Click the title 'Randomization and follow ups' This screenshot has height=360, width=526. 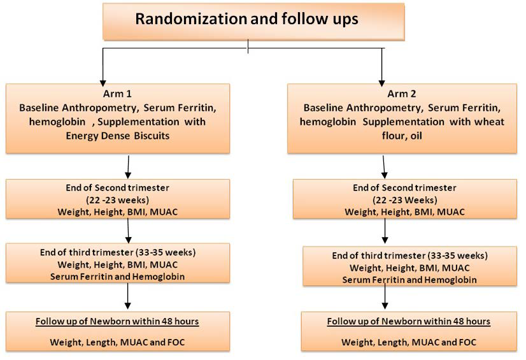[246, 19]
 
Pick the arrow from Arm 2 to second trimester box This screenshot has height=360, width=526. [385, 167]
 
